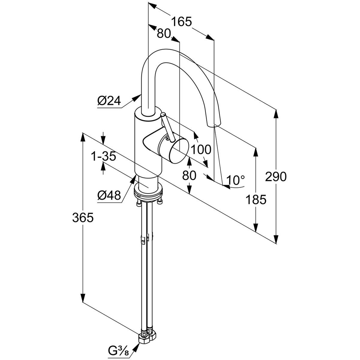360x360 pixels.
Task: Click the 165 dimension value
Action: pos(181,22)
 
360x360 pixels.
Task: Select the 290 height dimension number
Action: pos(276,177)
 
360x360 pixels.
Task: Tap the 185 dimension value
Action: pos(256,199)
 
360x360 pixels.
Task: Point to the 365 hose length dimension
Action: pos(83,218)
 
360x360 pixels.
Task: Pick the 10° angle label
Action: pos(235,180)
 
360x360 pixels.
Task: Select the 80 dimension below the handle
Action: pos(190,175)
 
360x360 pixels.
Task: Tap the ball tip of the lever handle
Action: pos(163,115)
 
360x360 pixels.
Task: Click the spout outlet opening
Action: pos(214,125)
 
